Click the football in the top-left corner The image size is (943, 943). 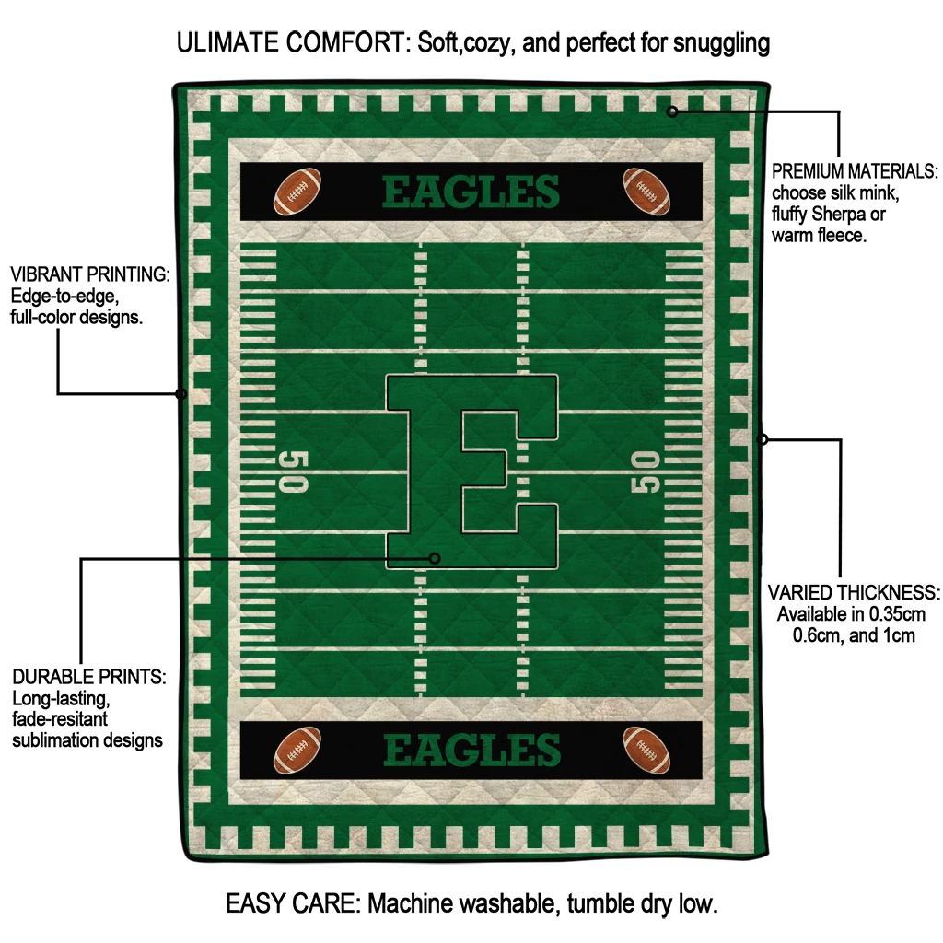coord(297,190)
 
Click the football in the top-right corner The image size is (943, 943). coord(646,190)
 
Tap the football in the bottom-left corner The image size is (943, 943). coord(297,750)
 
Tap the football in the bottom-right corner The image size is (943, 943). coord(646,750)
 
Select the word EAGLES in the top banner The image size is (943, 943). coord(471,192)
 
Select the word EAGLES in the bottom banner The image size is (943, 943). coord(471,751)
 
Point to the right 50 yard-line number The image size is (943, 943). coord(646,471)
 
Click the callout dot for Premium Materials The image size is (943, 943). coord(672,111)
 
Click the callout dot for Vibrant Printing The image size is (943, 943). coord(181,394)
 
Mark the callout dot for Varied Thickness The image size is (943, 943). coord(763,439)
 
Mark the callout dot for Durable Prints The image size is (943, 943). coord(436,558)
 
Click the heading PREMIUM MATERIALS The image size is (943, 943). coord(855,171)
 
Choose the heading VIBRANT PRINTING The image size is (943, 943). coord(89,274)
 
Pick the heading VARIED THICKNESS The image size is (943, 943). coord(854,592)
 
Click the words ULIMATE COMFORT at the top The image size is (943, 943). coord(292,42)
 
